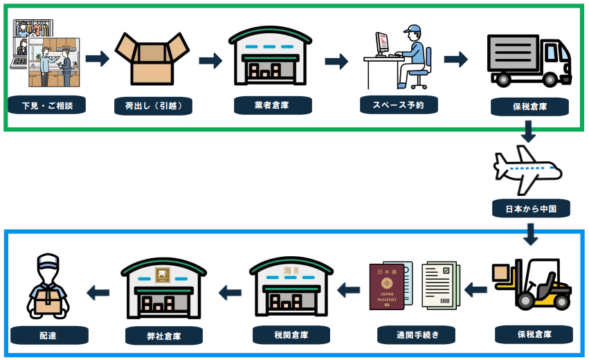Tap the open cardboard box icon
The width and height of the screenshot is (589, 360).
151,58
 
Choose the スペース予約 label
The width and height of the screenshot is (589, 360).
399,105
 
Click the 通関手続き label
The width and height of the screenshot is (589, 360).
416,336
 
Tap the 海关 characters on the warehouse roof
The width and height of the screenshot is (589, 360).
291,269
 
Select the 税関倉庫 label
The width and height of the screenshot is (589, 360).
291,335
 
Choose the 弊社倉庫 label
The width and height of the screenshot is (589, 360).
163,336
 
